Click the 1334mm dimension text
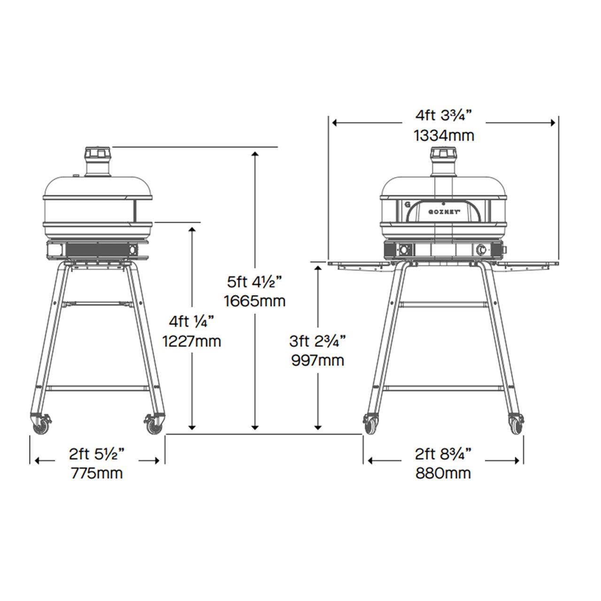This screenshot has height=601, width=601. click(444, 136)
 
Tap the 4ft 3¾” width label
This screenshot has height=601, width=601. click(444, 116)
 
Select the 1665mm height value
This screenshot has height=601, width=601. click(255, 301)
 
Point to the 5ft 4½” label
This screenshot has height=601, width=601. click(255, 282)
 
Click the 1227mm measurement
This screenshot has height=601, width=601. click(192, 341)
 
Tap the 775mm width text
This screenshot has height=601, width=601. click(97, 473)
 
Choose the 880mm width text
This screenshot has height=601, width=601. click(443, 473)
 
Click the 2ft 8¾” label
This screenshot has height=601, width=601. click(443, 454)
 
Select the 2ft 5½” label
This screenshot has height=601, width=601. click(97, 454)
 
